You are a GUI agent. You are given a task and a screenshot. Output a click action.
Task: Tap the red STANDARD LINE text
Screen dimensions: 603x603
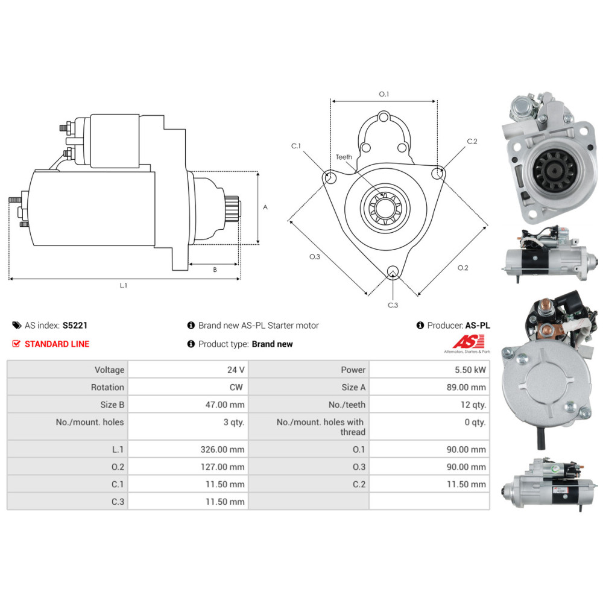57,344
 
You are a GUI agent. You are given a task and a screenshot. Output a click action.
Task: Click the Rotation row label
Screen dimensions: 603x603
107,387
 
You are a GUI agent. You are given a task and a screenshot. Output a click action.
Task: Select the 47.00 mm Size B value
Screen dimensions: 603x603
224,405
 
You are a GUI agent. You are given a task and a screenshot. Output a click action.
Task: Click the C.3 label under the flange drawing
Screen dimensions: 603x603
393,305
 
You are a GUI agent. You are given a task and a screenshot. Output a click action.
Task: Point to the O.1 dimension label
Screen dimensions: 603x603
384,94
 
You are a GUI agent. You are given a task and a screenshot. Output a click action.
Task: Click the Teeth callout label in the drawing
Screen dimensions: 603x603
344,157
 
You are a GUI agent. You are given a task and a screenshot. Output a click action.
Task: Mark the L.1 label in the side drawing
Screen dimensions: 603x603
124,286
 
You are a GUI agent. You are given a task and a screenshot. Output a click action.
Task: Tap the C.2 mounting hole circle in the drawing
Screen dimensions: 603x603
438,173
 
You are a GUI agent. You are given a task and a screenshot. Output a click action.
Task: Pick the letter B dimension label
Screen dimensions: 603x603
215,270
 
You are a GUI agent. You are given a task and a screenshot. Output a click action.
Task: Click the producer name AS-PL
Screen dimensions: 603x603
478,325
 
